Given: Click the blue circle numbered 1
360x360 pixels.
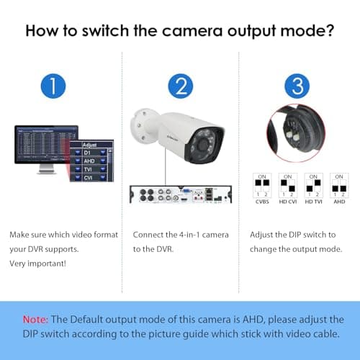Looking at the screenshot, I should (x=54, y=86).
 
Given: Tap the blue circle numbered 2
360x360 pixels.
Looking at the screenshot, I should (x=180, y=86).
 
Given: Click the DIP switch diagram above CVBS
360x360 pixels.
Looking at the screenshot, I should (x=263, y=186).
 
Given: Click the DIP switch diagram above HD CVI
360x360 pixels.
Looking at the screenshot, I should (x=287, y=186).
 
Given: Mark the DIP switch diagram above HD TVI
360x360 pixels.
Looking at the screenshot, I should (x=312, y=186).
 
